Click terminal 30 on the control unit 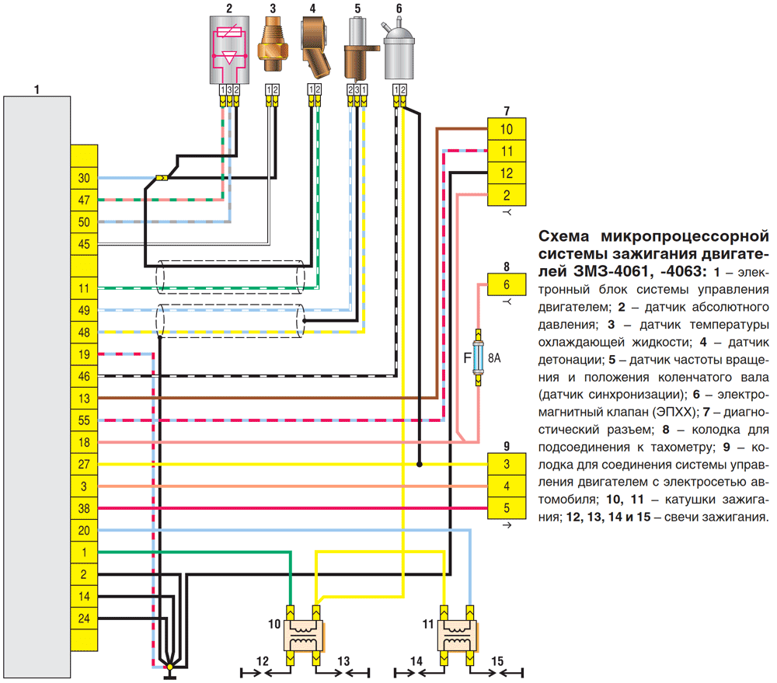[x=84, y=178]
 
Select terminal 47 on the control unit [x=84, y=200]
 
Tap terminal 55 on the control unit [x=84, y=420]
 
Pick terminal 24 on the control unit [x=84, y=619]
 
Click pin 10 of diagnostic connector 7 [x=507, y=129]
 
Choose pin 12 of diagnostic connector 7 [x=507, y=173]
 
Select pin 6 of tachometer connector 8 [x=507, y=284]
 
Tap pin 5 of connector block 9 [x=507, y=508]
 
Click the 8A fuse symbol [x=478, y=357]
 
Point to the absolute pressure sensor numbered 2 [x=229, y=50]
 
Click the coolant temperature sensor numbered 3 [x=272, y=44]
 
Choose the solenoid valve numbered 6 [x=399, y=50]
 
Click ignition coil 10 [x=303, y=636]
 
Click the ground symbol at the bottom [x=170, y=672]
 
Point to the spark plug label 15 [x=497, y=661]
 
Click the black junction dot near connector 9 [x=420, y=465]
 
